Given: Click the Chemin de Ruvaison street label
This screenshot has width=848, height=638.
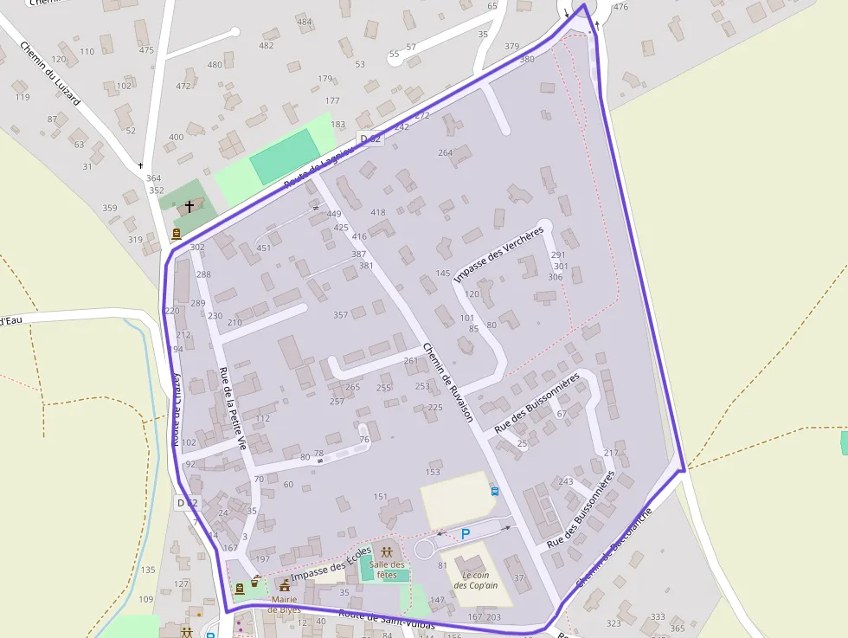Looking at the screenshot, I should [x=448, y=382].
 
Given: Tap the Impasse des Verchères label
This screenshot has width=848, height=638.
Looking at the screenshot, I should [x=499, y=254].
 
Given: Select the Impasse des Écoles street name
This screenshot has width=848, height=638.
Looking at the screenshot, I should [x=331, y=564].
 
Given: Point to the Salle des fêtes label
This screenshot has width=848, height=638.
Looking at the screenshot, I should [x=387, y=570].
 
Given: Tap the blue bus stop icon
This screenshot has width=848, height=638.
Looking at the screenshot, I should [x=495, y=491].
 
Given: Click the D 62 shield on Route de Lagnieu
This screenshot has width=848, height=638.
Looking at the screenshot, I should [x=369, y=139].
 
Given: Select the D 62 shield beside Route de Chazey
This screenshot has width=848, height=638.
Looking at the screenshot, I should [x=187, y=503].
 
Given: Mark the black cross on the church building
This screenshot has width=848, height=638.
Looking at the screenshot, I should [x=190, y=207].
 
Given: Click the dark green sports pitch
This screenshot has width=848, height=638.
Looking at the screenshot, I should [x=283, y=156].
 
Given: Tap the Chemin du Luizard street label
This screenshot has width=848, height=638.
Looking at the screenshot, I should [x=49, y=74].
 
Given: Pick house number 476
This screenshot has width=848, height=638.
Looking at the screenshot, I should [x=620, y=7].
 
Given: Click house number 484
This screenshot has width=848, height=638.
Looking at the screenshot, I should [x=305, y=22].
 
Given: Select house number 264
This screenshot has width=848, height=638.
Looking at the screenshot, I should [x=445, y=153].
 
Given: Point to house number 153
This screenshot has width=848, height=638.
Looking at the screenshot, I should [x=433, y=472].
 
